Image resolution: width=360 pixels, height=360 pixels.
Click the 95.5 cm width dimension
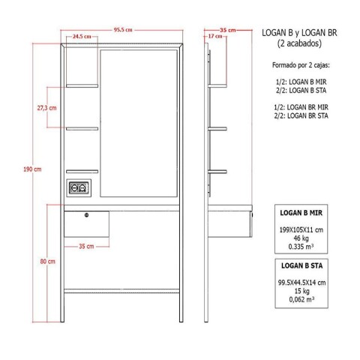click(124, 30)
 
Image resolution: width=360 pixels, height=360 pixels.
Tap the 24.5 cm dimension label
click(82, 37)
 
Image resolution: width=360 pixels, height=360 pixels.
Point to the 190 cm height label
click(31, 169)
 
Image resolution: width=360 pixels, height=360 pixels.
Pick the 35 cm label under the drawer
click(86, 245)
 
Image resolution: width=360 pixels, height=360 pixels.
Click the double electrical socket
click(79, 189)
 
